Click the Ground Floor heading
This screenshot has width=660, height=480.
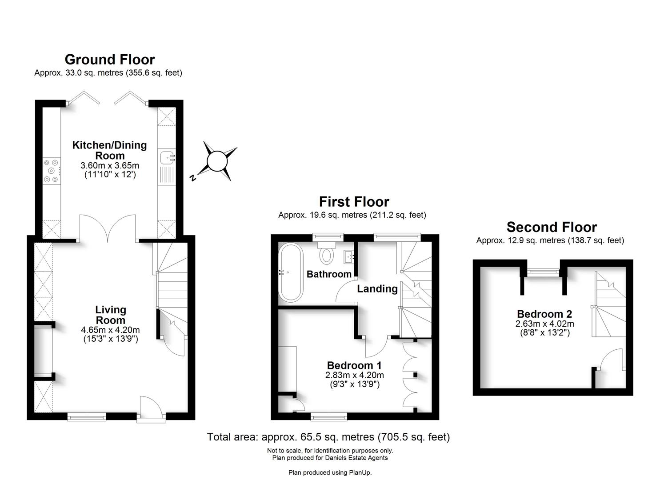coord(110,60)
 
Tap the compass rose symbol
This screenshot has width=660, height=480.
coord(218,161)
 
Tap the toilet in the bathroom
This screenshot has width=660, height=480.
coord(327,256)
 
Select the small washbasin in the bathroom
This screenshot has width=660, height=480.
coord(349,256)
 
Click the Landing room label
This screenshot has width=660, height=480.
coord(377,289)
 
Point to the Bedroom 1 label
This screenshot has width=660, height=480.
coord(354,365)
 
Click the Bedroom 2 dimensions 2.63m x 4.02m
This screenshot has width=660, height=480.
coord(544,324)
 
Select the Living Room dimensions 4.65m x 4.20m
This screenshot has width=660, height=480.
coord(110,330)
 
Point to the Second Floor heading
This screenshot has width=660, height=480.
coord(551,227)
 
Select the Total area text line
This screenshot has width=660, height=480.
coord(328,437)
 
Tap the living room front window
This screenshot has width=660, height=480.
coord(87,416)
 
